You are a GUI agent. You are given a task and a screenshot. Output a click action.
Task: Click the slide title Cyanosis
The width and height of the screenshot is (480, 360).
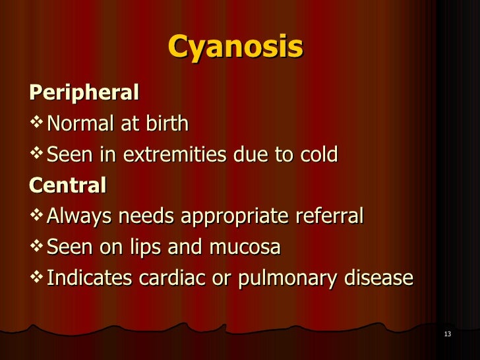tap(235, 47)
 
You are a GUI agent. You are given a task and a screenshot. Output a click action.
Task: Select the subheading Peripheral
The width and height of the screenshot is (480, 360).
tap(84, 93)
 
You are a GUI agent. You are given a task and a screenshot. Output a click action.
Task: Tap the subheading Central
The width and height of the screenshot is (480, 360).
tap(68, 185)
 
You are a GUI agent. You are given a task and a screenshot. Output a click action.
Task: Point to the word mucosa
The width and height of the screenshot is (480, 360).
tap(245, 247)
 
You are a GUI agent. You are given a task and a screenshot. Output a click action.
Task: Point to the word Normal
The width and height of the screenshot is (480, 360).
tap(80, 123)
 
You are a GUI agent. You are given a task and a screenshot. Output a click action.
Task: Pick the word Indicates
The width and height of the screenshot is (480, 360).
tap(90, 278)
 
